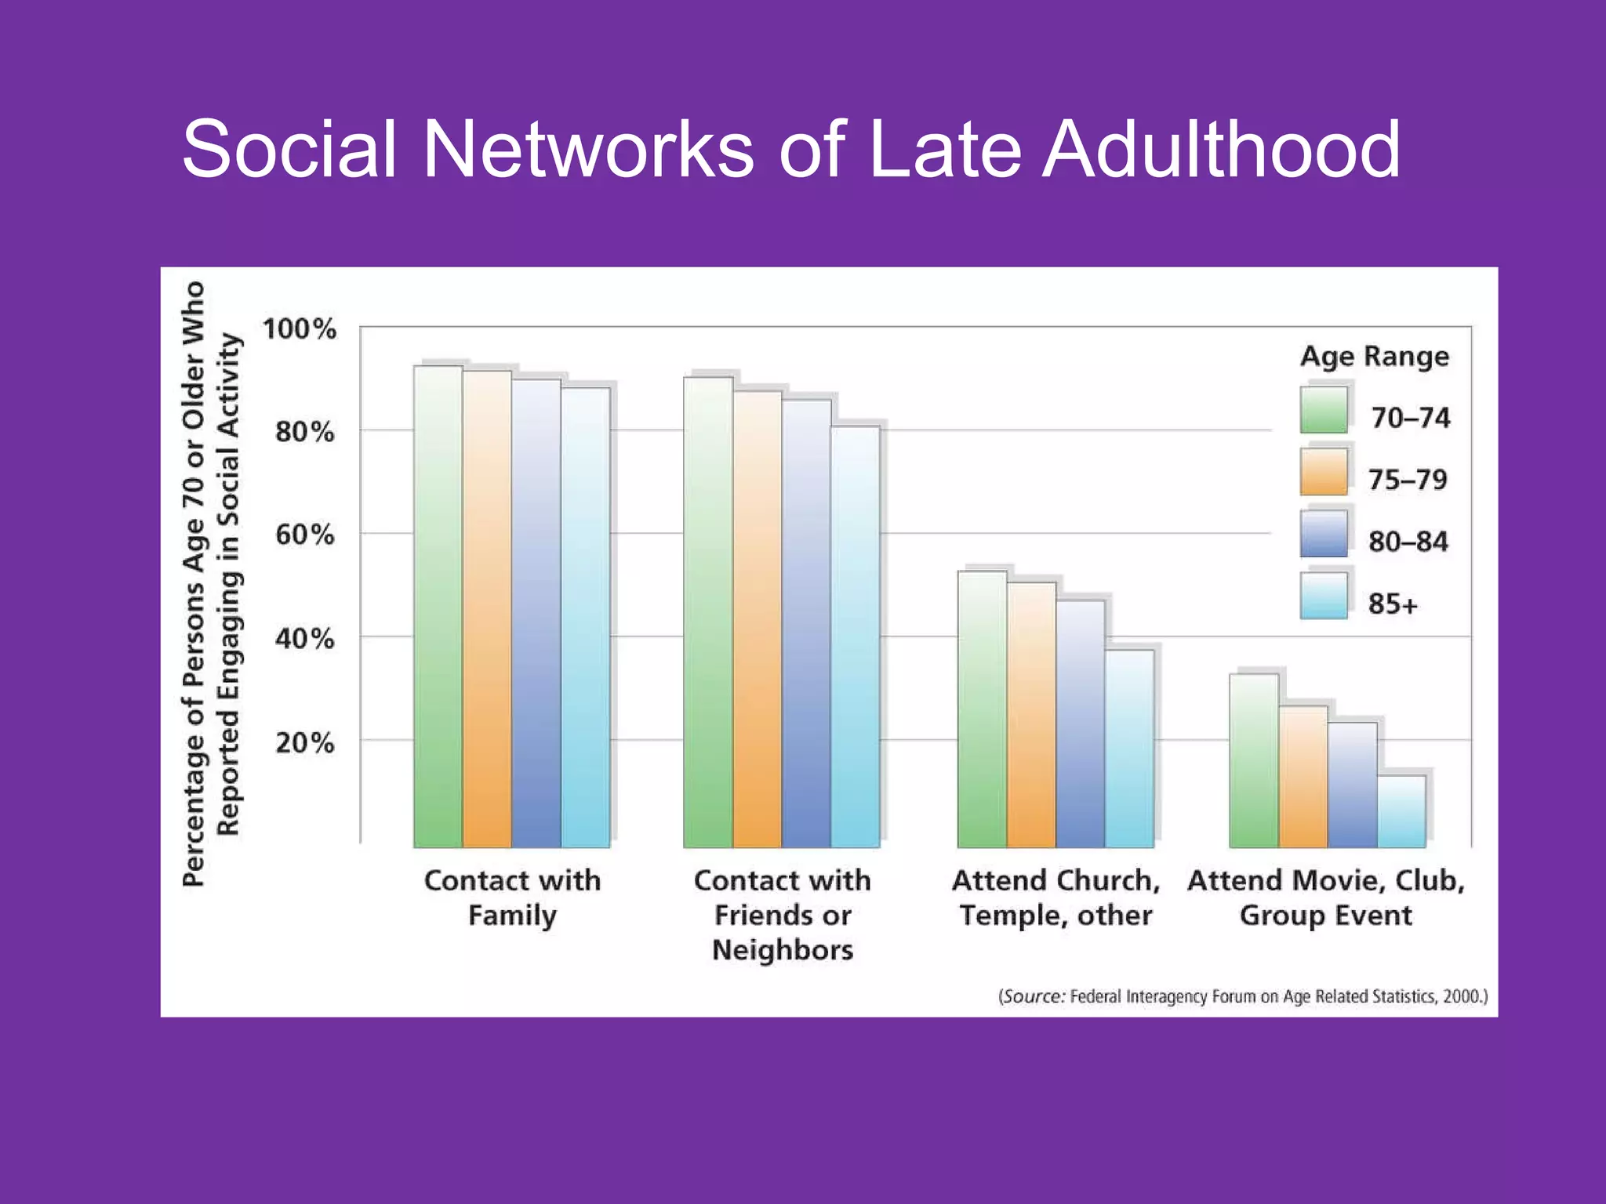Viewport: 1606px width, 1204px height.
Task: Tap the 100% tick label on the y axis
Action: tap(300, 328)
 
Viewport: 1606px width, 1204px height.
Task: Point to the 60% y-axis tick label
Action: tap(304, 535)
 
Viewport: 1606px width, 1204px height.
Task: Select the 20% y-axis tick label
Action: tap(304, 742)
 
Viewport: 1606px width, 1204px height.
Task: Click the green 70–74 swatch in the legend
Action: tap(1324, 410)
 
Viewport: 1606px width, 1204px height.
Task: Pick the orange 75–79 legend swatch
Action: tap(1324, 472)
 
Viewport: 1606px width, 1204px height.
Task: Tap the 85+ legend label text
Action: tap(1393, 604)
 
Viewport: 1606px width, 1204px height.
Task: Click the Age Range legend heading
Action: tap(1375, 357)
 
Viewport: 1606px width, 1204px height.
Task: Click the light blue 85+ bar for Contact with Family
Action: tap(585, 619)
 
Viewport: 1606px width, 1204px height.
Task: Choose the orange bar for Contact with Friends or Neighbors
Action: tap(758, 619)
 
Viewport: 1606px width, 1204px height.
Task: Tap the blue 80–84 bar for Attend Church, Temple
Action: tap(1080, 725)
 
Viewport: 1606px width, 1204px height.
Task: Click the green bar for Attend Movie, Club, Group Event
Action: tap(1253, 760)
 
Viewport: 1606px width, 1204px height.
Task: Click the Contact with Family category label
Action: tap(512, 898)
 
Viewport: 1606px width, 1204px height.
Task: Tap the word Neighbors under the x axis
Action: tap(783, 950)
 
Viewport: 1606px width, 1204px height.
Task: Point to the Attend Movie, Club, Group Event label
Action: tap(1326, 898)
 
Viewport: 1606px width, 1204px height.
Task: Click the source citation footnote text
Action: tap(1243, 996)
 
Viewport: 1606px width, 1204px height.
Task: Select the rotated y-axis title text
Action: tap(210, 584)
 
